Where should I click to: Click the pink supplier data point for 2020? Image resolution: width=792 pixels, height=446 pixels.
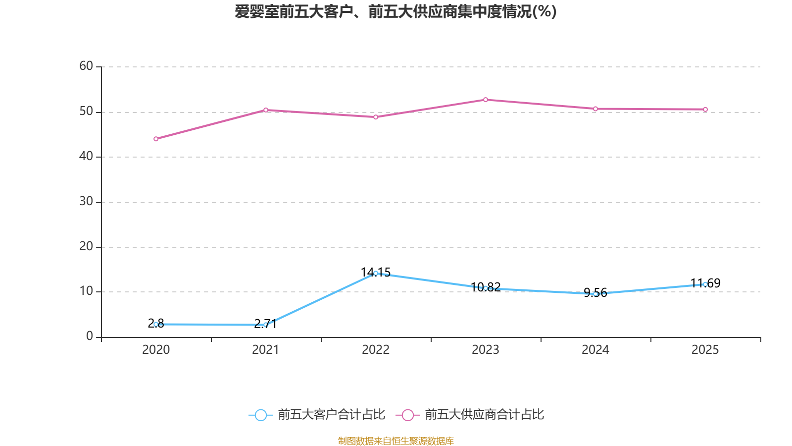[156, 139]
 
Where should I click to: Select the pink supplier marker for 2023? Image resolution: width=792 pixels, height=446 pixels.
[486, 100]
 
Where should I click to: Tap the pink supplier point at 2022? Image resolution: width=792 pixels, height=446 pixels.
[376, 117]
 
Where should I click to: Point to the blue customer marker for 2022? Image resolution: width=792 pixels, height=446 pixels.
[376, 273]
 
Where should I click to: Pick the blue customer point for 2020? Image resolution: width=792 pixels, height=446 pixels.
[156, 324]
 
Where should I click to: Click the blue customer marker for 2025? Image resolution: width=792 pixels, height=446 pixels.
[705, 284]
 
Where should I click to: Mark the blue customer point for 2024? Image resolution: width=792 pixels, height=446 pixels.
[595, 294]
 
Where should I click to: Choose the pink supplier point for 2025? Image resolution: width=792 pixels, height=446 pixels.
[705, 110]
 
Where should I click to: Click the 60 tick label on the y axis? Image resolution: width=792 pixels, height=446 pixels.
[86, 66]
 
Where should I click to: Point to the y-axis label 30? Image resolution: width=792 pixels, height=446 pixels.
[86, 201]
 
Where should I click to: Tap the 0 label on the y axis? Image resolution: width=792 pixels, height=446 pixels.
[90, 336]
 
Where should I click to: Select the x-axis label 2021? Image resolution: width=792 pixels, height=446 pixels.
[266, 350]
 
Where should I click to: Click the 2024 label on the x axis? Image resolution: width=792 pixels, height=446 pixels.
[595, 350]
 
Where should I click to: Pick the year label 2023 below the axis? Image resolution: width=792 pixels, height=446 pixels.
[486, 350]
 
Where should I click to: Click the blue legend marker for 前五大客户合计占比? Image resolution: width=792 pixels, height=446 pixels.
[260, 415]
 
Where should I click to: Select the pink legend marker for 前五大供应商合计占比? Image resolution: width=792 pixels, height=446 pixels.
[407, 415]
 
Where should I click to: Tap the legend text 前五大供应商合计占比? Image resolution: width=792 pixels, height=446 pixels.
[484, 415]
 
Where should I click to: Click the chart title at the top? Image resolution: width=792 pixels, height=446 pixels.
[396, 11]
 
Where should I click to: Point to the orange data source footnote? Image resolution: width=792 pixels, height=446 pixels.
[396, 441]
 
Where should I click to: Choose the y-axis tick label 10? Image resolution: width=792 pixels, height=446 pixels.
[86, 291]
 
